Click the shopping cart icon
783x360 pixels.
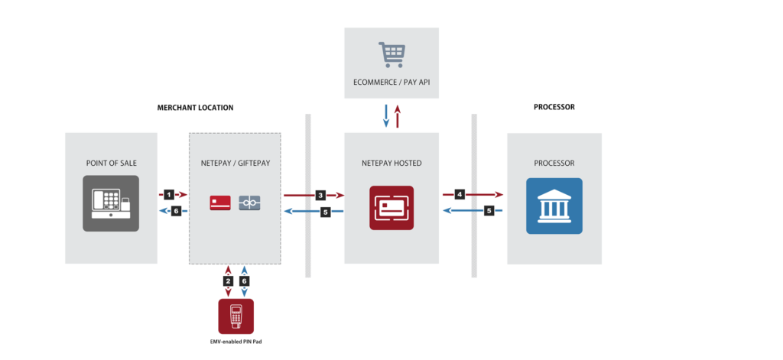[x=391, y=55]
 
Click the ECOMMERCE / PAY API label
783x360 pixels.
[x=391, y=82]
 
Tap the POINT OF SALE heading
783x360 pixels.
[x=111, y=164]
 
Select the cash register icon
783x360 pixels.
[x=111, y=203]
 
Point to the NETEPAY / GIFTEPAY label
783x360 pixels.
[x=235, y=164]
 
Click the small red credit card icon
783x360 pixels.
[x=220, y=203]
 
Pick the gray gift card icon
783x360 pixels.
[x=249, y=203]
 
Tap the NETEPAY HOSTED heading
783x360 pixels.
[x=391, y=164]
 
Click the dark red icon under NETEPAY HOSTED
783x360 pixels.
[x=391, y=207]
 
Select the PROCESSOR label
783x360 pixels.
[x=554, y=164]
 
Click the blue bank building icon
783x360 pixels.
[x=554, y=206]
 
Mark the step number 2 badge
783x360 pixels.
[x=228, y=281]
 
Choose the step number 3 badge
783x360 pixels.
[x=320, y=195]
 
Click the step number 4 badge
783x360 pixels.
[x=460, y=194]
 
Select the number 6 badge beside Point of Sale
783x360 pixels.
[x=176, y=211]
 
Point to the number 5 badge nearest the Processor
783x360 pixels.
[x=489, y=209]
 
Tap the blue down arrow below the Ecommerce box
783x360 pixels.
[x=386, y=115]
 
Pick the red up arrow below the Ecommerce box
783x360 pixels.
[x=397, y=115]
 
